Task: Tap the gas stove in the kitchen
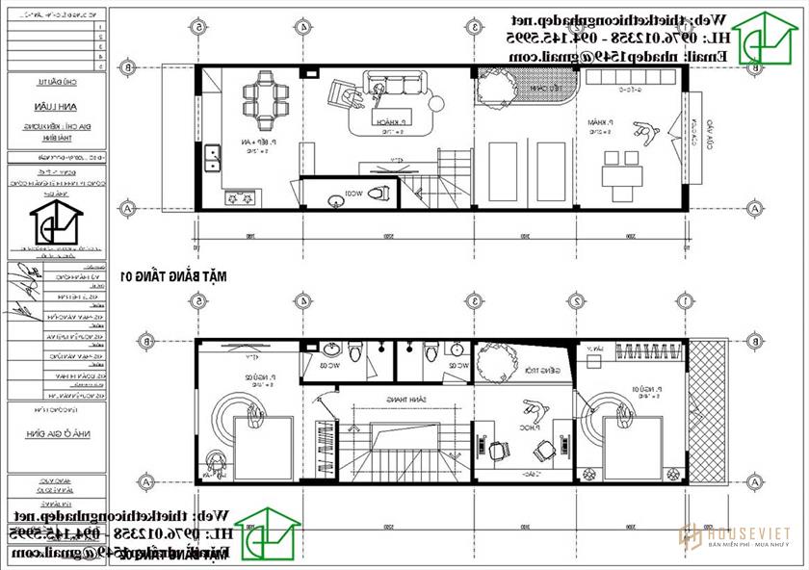pos(241,198)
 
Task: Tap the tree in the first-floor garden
pos(494,90)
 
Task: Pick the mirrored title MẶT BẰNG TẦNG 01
pos(173,276)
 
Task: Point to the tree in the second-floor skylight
pos(493,365)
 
